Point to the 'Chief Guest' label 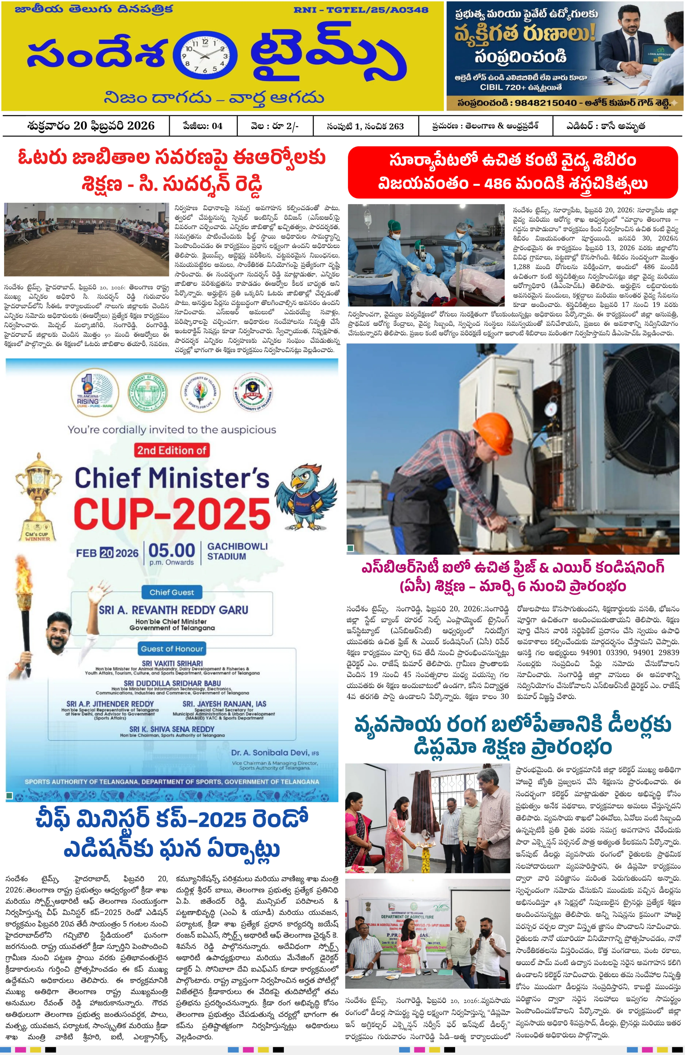[172, 592]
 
